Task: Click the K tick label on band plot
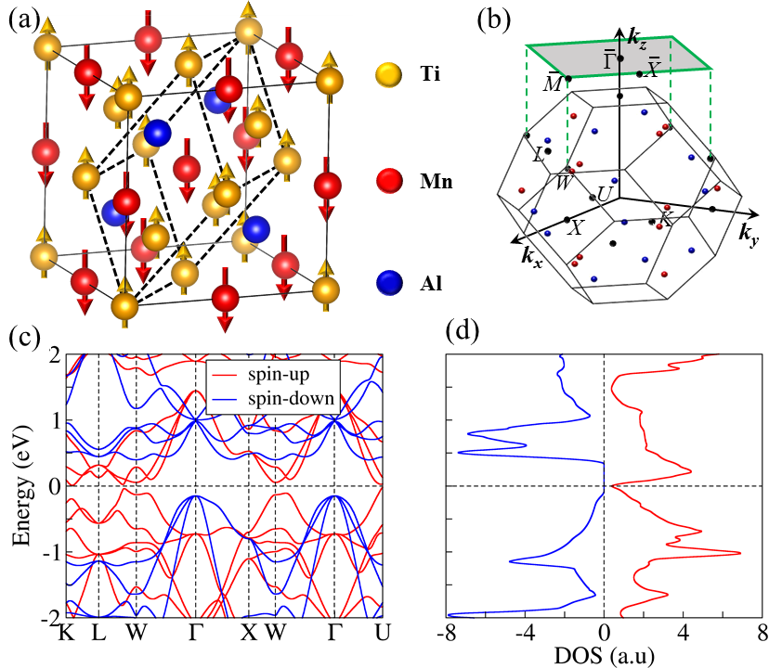click(x=65, y=633)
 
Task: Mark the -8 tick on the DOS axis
click(x=447, y=633)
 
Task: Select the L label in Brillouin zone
click(x=539, y=153)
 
